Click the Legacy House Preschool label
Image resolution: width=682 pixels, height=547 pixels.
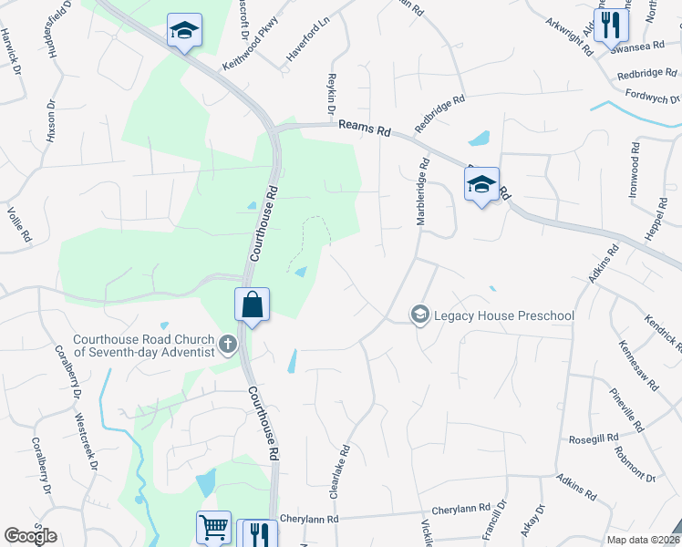[x=503, y=316]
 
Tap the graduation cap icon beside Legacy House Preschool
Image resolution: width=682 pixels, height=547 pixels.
[x=420, y=315]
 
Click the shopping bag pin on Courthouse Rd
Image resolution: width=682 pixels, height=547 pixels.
[x=253, y=305]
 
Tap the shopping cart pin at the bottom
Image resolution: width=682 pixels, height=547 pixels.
[x=213, y=526]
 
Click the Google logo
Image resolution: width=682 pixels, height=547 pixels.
[x=30, y=536]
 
